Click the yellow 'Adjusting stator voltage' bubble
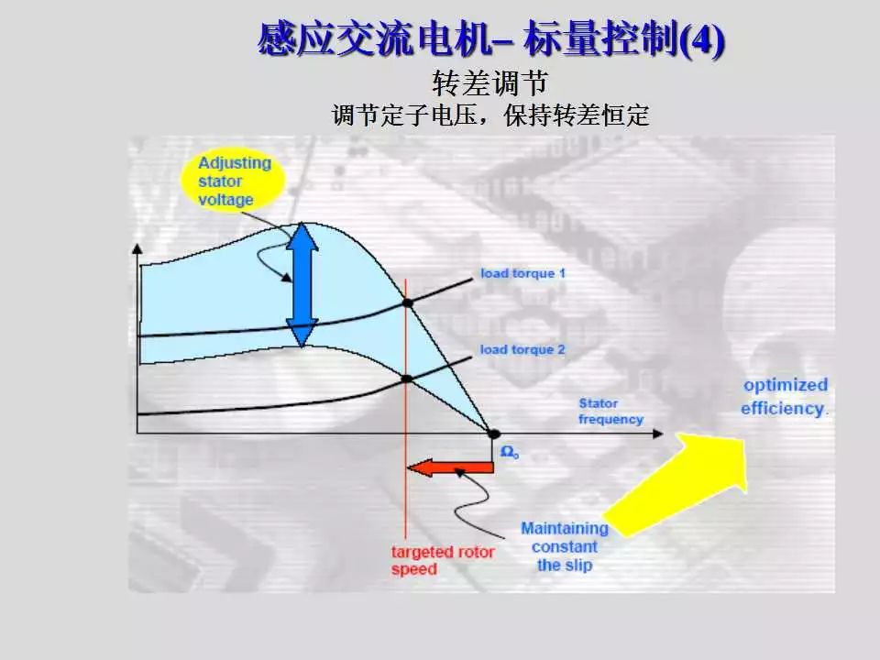point(233,181)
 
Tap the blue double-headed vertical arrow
point(302,284)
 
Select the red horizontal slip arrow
point(450,467)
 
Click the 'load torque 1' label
point(522,273)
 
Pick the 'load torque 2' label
point(522,349)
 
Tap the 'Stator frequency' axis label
point(610,412)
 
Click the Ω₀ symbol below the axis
point(510,452)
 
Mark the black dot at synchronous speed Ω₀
point(493,434)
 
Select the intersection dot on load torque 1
point(408,303)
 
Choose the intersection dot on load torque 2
point(407,379)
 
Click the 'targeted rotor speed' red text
point(443,560)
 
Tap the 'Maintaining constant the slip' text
point(565,546)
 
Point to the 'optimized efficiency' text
point(785,397)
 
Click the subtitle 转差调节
point(489,83)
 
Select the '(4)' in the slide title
point(701,40)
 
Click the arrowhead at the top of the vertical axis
point(137,248)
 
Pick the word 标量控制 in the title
point(599,39)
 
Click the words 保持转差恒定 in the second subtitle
point(577,115)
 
